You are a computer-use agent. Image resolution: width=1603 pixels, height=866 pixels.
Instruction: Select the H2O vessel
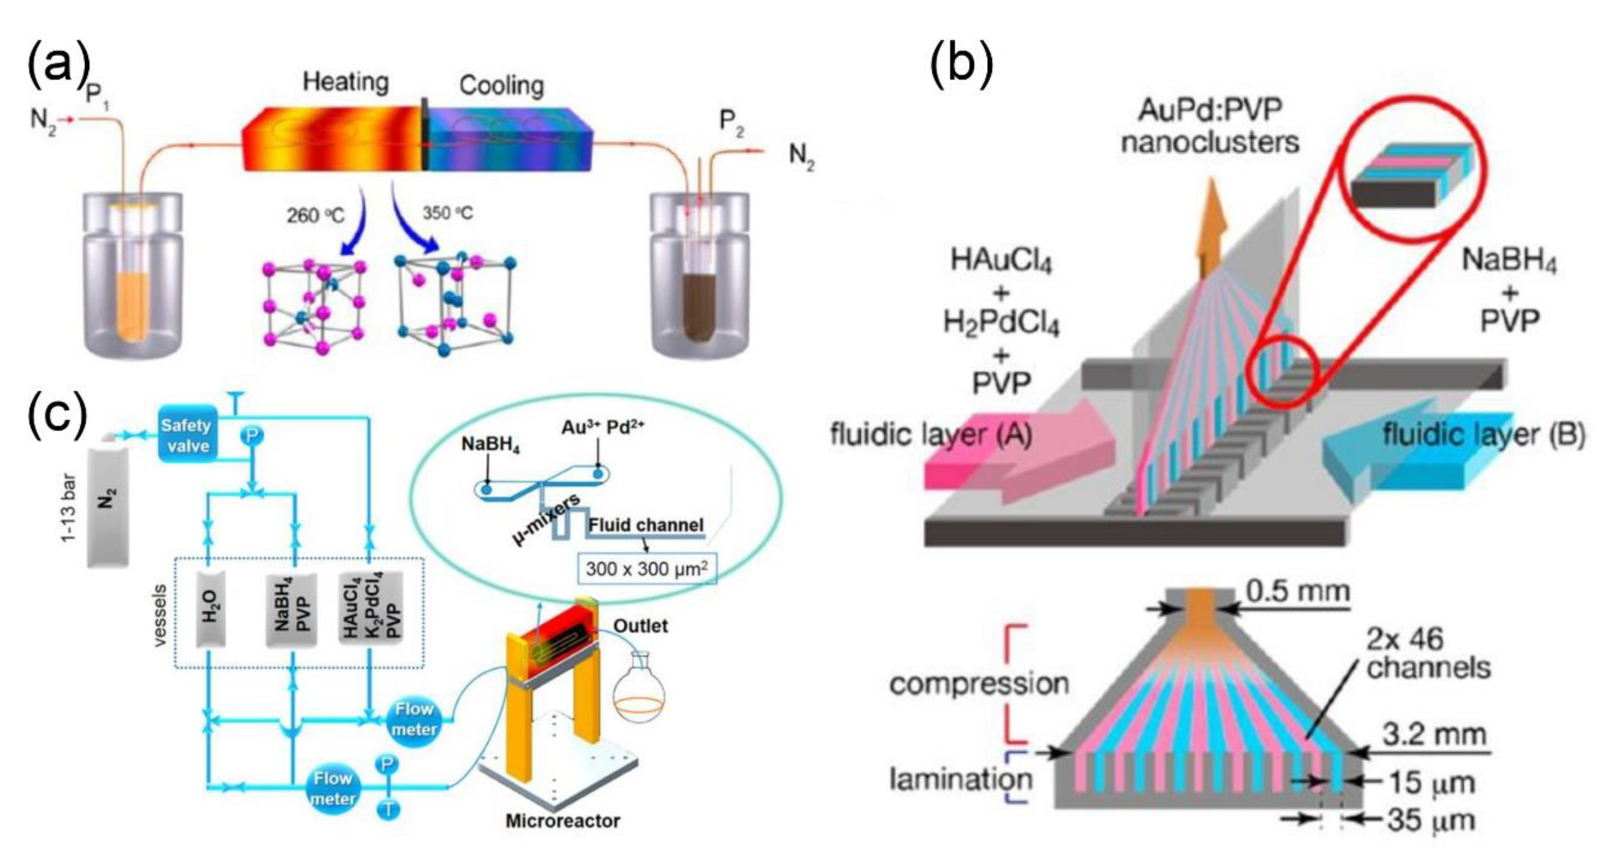click(210, 608)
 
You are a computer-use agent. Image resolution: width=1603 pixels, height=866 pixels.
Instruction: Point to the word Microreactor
click(563, 821)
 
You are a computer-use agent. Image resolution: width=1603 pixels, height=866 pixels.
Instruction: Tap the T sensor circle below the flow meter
click(388, 810)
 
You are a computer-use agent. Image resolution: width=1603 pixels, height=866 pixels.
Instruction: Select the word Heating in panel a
click(345, 82)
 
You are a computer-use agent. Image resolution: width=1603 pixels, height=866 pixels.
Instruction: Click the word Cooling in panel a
click(502, 85)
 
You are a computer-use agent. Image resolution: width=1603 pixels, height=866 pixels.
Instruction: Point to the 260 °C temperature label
click(315, 216)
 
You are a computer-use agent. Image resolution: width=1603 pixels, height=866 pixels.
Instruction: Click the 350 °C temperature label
click(447, 213)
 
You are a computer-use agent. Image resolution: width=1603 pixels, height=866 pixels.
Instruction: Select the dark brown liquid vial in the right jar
click(700, 311)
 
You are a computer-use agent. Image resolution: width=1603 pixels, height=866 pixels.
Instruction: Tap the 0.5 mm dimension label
click(1297, 591)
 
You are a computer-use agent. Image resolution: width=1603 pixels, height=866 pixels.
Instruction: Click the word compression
click(979, 684)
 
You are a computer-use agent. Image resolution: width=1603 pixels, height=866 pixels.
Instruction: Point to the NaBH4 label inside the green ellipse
click(490, 445)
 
